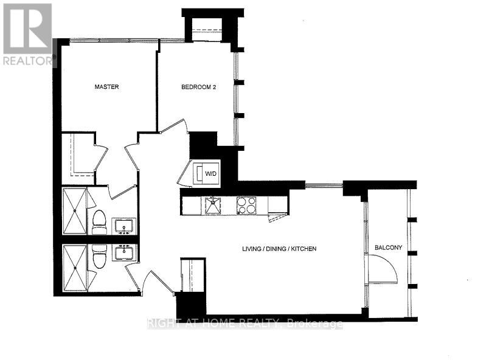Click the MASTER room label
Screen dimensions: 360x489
click(x=106, y=87)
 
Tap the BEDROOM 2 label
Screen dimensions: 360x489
click(x=199, y=87)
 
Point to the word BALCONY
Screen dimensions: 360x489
click(x=388, y=247)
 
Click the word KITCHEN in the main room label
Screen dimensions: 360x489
click(x=302, y=249)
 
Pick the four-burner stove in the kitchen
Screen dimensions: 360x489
click(x=247, y=205)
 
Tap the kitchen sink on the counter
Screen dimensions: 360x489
click(x=213, y=205)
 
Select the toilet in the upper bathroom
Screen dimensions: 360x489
click(x=99, y=222)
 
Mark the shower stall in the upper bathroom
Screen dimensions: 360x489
click(x=75, y=211)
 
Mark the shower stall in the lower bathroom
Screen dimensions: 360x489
click(x=75, y=268)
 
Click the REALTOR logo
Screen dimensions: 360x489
click(x=28, y=34)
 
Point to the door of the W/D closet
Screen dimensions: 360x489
click(x=185, y=174)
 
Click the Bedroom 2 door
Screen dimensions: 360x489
click(x=173, y=127)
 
